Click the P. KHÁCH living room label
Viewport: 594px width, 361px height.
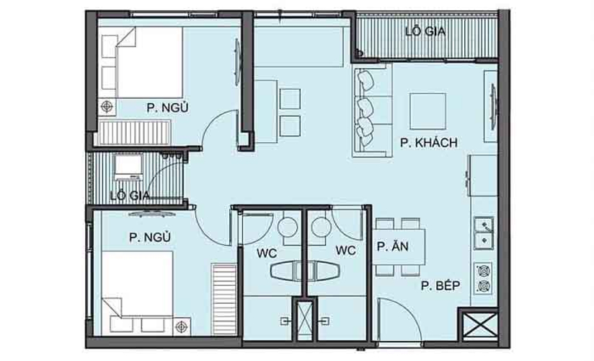[x=429, y=143]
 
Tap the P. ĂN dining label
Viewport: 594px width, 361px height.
[x=393, y=247]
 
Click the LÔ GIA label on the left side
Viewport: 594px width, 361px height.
[x=130, y=195]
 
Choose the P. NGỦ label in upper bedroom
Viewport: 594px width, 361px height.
[x=167, y=108]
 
